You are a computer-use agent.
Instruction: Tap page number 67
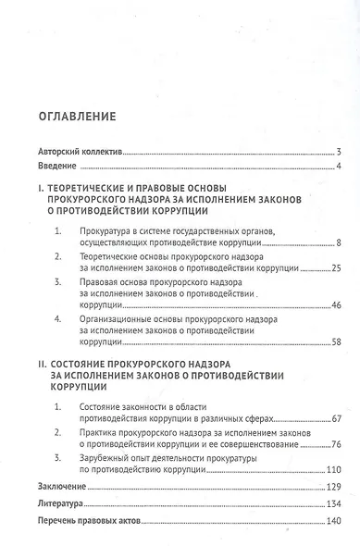(337, 418)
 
